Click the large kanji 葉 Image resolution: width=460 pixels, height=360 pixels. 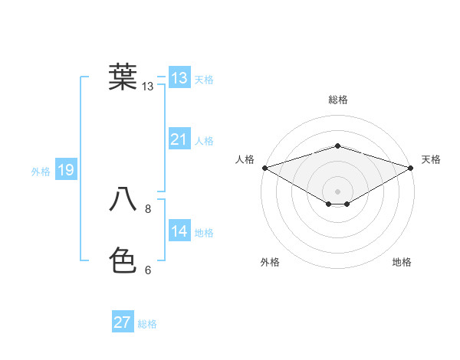pyautogui.click(x=123, y=77)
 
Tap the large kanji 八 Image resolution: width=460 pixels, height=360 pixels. pyautogui.click(x=123, y=200)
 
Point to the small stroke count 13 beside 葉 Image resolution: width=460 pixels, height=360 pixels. pyautogui.click(x=148, y=87)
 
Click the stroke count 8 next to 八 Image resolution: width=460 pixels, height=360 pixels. pyautogui.click(x=148, y=208)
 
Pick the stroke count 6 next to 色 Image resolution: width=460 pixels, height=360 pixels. pyautogui.click(x=148, y=270)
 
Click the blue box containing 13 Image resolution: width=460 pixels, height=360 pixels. pyautogui.click(x=179, y=78)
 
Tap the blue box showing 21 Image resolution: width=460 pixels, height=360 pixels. pyautogui.click(x=179, y=139)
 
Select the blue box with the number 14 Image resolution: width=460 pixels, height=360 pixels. pyautogui.click(x=179, y=231)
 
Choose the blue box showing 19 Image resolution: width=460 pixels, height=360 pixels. pyautogui.click(x=65, y=170)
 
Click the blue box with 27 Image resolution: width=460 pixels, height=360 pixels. pyautogui.click(x=123, y=322)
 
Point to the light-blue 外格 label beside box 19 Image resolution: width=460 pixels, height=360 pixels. pyautogui.click(x=41, y=172)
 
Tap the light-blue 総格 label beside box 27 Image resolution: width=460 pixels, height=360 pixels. pyautogui.click(x=147, y=324)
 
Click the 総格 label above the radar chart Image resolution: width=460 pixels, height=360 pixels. pyautogui.click(x=337, y=100)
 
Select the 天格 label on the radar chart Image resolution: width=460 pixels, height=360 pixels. pyautogui.click(x=432, y=159)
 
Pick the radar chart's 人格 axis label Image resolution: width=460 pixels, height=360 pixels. pyautogui.click(x=245, y=159)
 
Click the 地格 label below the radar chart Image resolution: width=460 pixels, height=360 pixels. pyautogui.click(x=402, y=263)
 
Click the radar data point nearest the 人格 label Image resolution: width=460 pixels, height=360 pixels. pyautogui.click(x=264, y=167)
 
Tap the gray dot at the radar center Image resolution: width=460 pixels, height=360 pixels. pyautogui.click(x=337, y=191)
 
